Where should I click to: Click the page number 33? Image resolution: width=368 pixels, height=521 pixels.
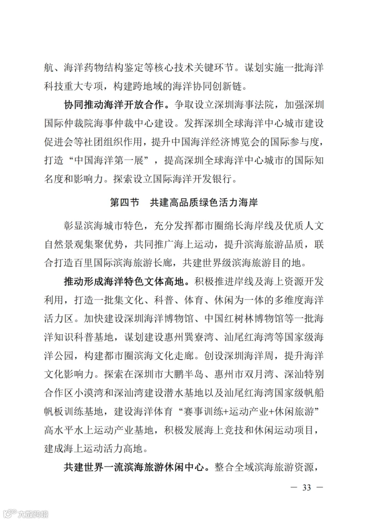click(x=306, y=487)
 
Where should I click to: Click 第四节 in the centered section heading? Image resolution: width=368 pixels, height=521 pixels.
click(x=125, y=202)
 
